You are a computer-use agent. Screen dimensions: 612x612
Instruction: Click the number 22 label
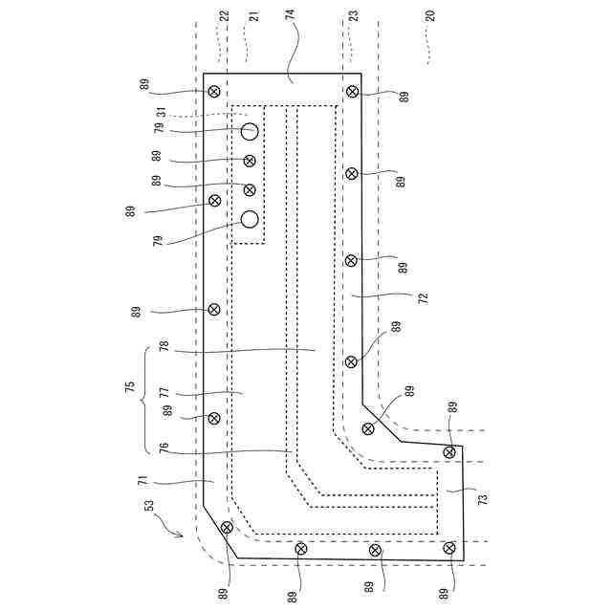pyautogui.click(x=225, y=16)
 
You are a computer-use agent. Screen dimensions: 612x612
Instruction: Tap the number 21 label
pyautogui.click(x=252, y=16)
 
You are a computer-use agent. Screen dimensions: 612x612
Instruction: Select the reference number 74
pyautogui.click(x=290, y=16)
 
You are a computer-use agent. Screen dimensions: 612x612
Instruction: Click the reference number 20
pyautogui.click(x=429, y=16)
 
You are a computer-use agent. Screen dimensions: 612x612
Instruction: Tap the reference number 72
pyautogui.click(x=423, y=298)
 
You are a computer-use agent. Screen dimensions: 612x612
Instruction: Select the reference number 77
pyautogui.click(x=164, y=392)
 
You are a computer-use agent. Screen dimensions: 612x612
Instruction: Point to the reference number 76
pyautogui.click(x=164, y=447)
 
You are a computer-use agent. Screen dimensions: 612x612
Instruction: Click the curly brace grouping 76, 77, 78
pyautogui.click(x=145, y=399)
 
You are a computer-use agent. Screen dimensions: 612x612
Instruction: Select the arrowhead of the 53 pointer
pyautogui.click(x=182, y=536)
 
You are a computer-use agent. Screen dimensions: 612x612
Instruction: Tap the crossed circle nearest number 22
pyautogui.click(x=214, y=92)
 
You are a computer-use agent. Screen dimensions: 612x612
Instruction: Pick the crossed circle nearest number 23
pyautogui.click(x=353, y=92)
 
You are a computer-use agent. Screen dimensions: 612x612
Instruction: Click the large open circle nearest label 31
pyautogui.click(x=250, y=131)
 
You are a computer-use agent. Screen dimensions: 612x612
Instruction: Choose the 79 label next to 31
pyautogui.click(x=159, y=127)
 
